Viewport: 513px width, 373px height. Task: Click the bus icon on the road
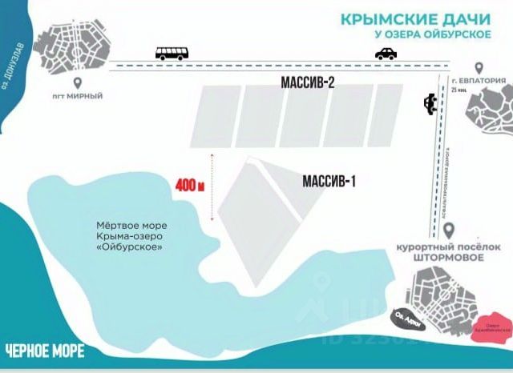[172, 54]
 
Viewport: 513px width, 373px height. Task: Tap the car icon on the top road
[386, 54]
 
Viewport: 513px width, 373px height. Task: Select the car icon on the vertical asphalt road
[430, 104]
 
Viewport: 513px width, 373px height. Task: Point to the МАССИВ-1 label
[329, 182]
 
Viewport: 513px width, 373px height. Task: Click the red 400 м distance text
[190, 185]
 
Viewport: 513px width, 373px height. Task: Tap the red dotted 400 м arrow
[212, 186]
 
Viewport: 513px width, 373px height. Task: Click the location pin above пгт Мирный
[79, 82]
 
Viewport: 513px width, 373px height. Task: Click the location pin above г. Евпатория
[478, 69]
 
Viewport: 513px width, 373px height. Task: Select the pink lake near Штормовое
[498, 326]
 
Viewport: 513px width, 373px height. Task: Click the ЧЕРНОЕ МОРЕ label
[40, 351]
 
